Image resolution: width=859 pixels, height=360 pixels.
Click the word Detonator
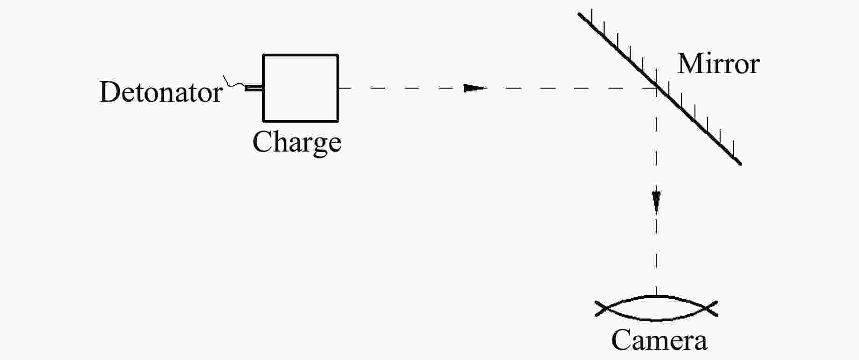click(x=161, y=92)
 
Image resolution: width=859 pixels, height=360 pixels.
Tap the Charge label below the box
click(x=297, y=142)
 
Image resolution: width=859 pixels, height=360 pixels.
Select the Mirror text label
click(x=718, y=64)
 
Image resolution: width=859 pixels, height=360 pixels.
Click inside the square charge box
click(x=301, y=88)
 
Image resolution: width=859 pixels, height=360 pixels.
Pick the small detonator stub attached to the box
click(x=254, y=88)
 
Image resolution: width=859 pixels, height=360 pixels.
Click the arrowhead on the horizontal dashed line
click(x=474, y=88)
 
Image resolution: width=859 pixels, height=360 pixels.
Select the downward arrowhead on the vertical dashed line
click(x=656, y=201)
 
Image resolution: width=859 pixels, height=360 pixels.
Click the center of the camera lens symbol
click(x=656, y=308)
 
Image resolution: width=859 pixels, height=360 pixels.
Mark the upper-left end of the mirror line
click(x=579, y=14)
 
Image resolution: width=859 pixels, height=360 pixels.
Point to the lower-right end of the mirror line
click(x=740, y=164)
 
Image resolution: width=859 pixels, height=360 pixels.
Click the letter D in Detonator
click(x=109, y=92)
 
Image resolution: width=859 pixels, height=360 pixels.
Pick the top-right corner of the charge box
click(x=338, y=55)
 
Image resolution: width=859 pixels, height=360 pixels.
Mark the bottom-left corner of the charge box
click(x=263, y=121)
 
